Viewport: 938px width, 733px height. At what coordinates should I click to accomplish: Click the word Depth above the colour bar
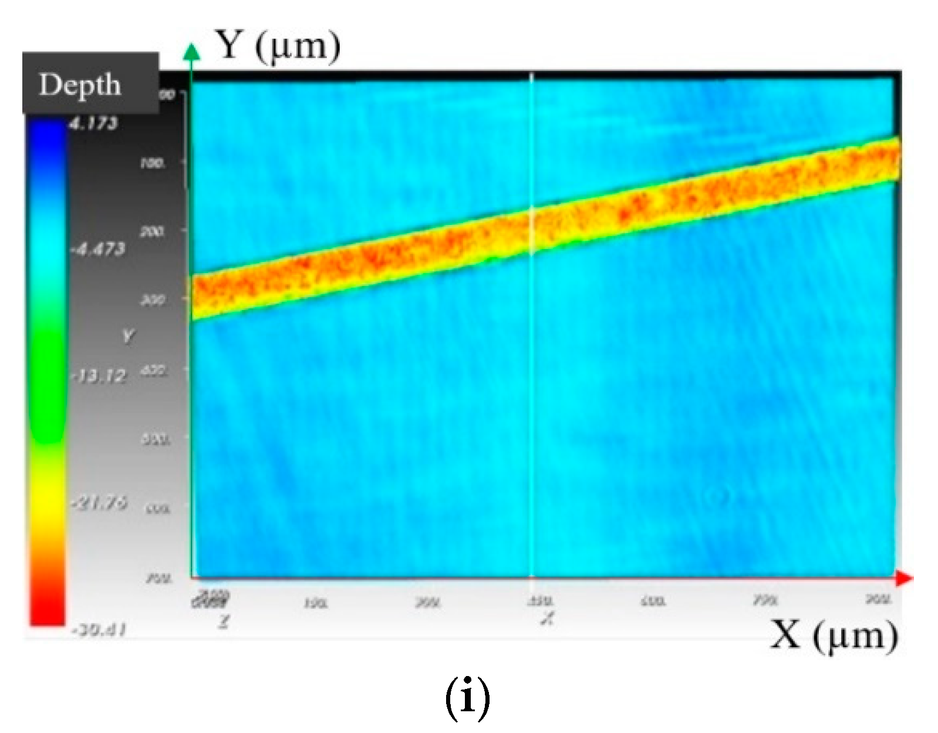(x=80, y=85)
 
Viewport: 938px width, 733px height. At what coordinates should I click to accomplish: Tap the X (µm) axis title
(x=834, y=636)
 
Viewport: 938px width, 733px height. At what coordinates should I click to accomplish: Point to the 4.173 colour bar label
(x=94, y=123)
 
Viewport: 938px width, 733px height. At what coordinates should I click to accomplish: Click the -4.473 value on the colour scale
(x=98, y=249)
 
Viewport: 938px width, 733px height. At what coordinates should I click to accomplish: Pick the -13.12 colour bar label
(x=98, y=376)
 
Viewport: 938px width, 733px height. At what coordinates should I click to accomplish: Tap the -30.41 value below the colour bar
(x=98, y=630)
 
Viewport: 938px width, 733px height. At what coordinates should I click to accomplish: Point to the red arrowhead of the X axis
(x=905, y=579)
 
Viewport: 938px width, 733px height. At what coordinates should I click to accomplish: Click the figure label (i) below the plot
(x=467, y=699)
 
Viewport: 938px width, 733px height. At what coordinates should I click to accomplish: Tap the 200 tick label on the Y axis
(x=152, y=231)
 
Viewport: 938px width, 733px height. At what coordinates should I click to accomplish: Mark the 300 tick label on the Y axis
(x=152, y=300)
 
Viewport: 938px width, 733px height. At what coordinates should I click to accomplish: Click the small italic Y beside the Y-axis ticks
(x=128, y=336)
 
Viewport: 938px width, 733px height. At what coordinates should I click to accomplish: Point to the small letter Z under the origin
(x=222, y=621)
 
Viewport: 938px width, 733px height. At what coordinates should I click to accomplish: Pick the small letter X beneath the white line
(x=546, y=618)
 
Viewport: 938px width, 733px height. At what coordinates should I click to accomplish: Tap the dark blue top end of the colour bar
(x=47, y=129)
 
